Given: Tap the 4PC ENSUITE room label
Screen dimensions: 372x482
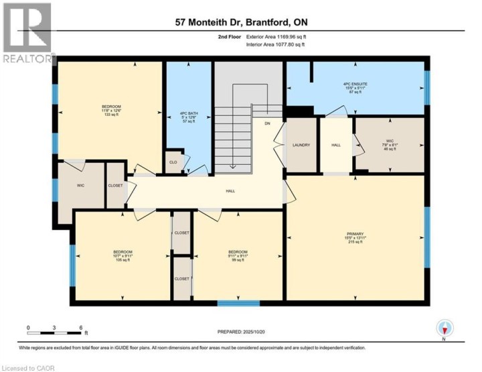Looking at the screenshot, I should coord(355,88).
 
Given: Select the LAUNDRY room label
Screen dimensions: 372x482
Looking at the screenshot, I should coord(301,145).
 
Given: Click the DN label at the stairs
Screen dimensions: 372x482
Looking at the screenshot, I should coord(267,123).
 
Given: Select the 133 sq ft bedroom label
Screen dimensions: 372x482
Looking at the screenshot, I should coord(110,111).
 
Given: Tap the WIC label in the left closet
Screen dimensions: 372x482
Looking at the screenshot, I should coord(81,186).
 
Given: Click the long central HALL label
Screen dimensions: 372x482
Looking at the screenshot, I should coord(230,192).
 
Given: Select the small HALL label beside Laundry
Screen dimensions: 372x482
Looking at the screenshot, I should coord(336,145).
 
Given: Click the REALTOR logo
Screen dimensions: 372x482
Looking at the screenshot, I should coord(27,34).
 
